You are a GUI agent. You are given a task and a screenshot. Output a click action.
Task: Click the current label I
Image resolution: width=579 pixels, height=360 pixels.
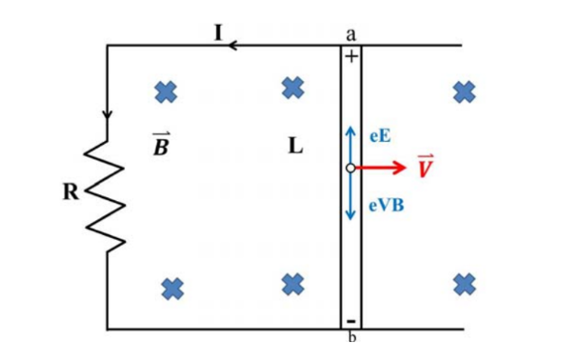pyautogui.click(x=219, y=32)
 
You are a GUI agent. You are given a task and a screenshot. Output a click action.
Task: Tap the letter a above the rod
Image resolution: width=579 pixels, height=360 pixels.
pyautogui.click(x=351, y=34)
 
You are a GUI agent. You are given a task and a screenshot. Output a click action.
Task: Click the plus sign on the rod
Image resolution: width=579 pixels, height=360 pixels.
pyautogui.click(x=351, y=56)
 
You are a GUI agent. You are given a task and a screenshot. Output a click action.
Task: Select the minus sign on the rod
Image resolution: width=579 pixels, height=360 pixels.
pyautogui.click(x=351, y=321)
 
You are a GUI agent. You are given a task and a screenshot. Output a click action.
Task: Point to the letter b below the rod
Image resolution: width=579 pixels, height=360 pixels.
pyautogui.click(x=352, y=337)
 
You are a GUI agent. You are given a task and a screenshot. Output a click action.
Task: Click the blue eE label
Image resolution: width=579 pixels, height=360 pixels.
pyautogui.click(x=380, y=136)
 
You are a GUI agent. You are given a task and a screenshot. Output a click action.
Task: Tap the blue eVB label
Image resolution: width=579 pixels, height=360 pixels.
pyautogui.click(x=387, y=206)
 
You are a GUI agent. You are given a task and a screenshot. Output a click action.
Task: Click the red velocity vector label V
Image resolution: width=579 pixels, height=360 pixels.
pyautogui.click(x=425, y=166)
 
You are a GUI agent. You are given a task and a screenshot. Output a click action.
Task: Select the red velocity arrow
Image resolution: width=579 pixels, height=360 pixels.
pyautogui.click(x=380, y=168)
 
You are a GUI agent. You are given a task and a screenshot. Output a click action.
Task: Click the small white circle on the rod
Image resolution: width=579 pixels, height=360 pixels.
pyautogui.click(x=350, y=168)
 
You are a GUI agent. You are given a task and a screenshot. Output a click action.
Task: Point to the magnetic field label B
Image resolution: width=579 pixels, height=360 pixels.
pyautogui.click(x=161, y=144)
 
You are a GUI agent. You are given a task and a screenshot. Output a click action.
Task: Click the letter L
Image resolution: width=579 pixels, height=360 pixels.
pyautogui.click(x=295, y=146)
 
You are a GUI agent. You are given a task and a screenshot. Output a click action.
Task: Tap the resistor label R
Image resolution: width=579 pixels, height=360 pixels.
pyautogui.click(x=70, y=192)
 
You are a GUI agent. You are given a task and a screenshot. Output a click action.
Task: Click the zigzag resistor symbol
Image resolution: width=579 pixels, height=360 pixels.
pyautogui.click(x=106, y=195)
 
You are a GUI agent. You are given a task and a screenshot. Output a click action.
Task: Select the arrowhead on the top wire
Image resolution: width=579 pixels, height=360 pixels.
pyautogui.click(x=232, y=46)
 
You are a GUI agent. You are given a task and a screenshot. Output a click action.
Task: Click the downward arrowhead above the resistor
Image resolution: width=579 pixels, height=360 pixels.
pyautogui.click(x=107, y=114)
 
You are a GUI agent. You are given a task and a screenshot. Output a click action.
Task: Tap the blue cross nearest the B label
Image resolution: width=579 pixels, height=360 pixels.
pyautogui.click(x=166, y=92)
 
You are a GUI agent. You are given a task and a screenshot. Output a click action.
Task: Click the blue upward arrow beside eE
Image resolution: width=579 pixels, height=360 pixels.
pyautogui.click(x=350, y=145)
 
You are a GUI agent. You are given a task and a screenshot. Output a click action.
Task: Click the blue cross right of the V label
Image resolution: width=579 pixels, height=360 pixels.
pyautogui.click(x=464, y=92)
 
